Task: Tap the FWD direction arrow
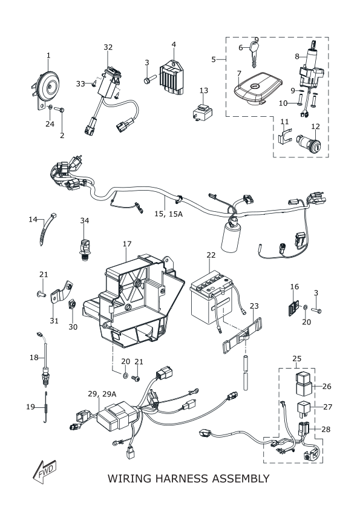45,471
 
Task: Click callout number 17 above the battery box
127,243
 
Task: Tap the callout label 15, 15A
168,214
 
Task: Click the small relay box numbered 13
202,112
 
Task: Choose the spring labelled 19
46,407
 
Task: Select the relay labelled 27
304,410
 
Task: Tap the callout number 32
108,47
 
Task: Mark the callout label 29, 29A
102,394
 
